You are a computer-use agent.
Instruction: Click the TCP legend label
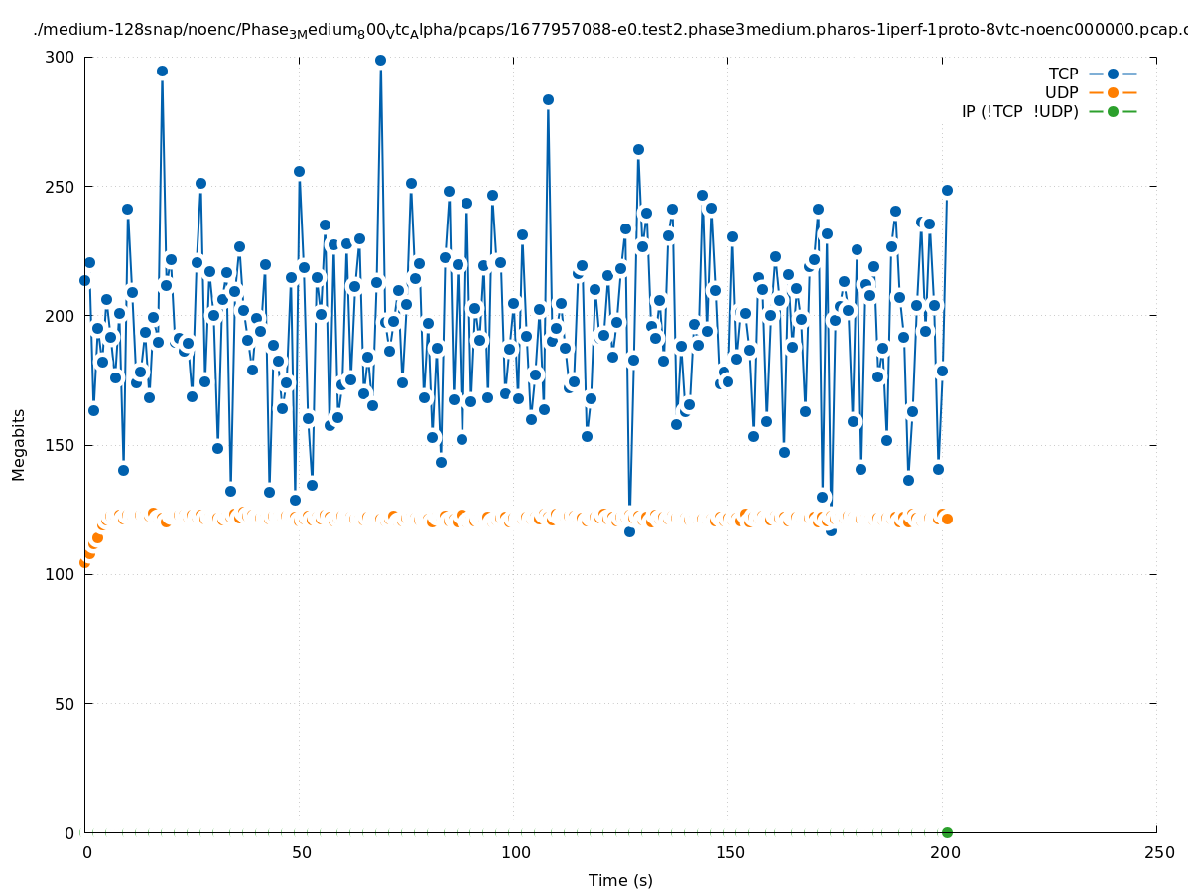coord(1063,74)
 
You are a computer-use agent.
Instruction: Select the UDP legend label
coord(1061,92)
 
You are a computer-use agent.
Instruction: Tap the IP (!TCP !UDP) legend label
coord(1019,111)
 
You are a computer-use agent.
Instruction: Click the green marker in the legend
coord(1113,111)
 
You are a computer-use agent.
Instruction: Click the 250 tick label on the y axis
coord(59,187)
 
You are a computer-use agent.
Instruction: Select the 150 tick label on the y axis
coord(59,445)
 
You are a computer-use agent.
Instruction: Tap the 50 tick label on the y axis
coord(64,704)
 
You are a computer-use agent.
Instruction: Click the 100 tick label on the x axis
coord(514,852)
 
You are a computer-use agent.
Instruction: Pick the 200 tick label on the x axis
coord(943,852)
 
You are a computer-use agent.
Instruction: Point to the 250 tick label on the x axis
coord(1157,852)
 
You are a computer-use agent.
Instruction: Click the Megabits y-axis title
coord(19,444)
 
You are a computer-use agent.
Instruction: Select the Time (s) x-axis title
coord(620,880)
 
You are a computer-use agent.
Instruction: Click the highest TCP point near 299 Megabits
coord(380,60)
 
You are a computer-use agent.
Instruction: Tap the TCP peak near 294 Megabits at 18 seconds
coord(162,71)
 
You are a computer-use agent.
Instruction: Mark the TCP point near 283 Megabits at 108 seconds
coord(548,99)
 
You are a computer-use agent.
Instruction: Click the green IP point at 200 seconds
coord(947,832)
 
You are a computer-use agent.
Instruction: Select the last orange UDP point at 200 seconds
coord(947,519)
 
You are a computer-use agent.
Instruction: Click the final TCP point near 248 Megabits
coord(947,190)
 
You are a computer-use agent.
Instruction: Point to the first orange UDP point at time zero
coord(84,562)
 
